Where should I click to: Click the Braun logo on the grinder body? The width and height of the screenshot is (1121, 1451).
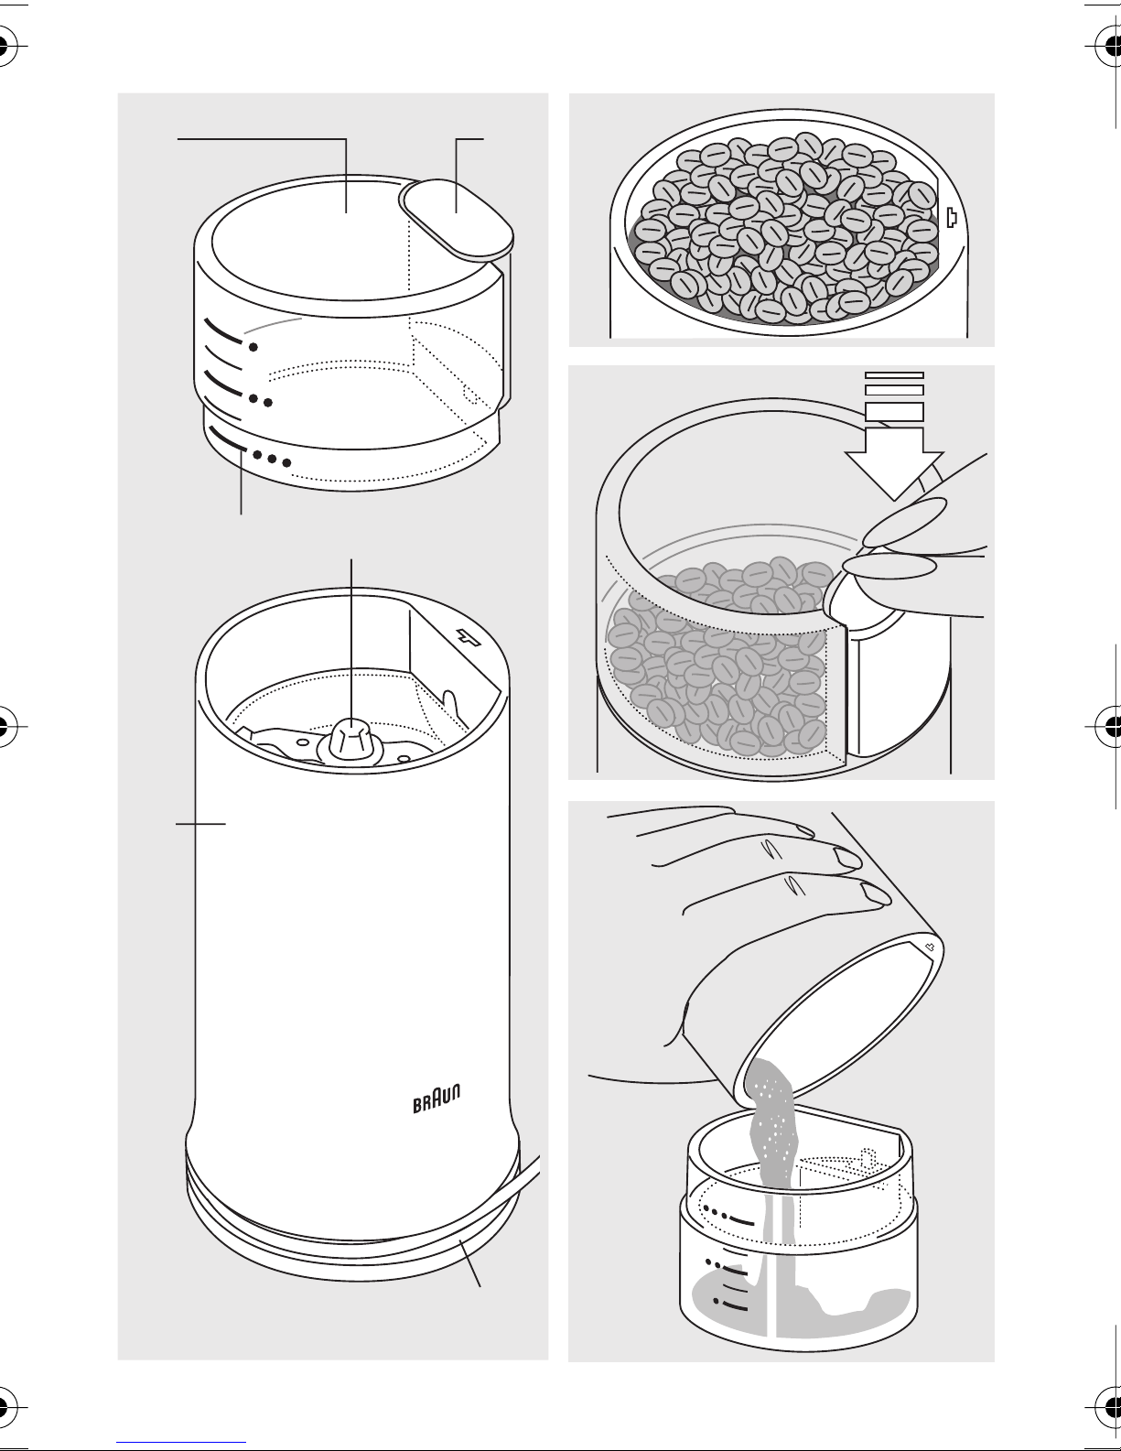pos(437,1099)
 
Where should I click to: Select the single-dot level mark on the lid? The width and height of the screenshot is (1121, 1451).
pos(253,347)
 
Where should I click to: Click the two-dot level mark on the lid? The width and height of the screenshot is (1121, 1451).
pos(260,401)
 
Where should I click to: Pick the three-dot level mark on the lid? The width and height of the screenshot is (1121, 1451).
pos(272,459)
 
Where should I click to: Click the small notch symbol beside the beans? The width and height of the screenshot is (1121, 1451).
pos(952,217)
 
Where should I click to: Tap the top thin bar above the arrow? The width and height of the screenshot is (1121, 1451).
pos(894,375)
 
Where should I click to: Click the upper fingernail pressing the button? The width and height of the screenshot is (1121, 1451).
pos(905,522)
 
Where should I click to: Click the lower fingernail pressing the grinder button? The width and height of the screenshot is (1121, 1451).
pos(889,567)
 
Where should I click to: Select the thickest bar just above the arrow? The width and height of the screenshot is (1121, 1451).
pos(894,411)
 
